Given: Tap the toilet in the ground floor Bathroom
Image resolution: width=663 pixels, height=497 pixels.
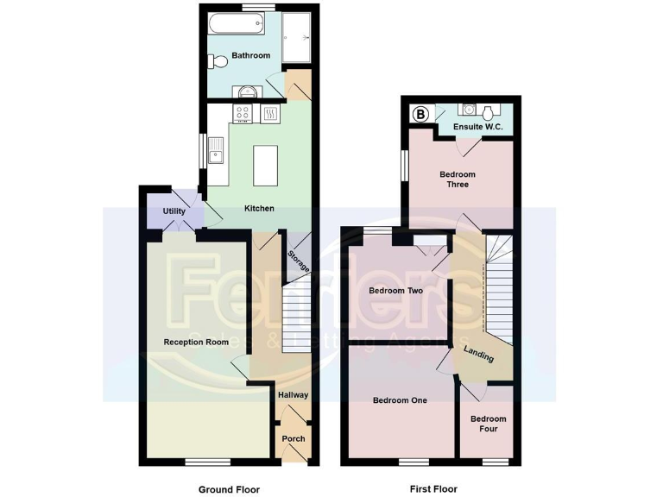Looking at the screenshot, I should click(x=217, y=60).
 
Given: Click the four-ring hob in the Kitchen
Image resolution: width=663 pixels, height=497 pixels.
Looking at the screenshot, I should click(x=243, y=113).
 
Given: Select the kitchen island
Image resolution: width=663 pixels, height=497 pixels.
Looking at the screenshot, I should click(x=265, y=166).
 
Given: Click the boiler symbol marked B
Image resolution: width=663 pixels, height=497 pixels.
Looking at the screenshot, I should click(x=421, y=114).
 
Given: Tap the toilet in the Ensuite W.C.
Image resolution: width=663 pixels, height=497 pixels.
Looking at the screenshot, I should click(x=489, y=112).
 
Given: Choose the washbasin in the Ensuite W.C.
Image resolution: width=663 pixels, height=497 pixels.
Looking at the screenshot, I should click(x=467, y=110).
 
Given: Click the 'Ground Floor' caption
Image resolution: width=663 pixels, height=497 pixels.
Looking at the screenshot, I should click(x=229, y=489).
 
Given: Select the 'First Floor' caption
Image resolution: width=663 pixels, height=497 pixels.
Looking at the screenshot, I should click(x=432, y=489).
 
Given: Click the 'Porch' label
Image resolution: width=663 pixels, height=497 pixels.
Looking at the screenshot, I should click(x=293, y=439).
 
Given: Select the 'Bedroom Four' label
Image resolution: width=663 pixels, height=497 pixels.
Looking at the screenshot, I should click(x=488, y=425).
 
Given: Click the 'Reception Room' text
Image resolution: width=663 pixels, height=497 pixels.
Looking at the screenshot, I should click(x=196, y=343).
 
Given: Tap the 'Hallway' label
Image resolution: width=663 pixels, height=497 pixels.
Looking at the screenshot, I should click(x=293, y=395).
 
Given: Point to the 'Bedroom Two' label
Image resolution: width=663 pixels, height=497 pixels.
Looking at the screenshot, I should click(x=395, y=291).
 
